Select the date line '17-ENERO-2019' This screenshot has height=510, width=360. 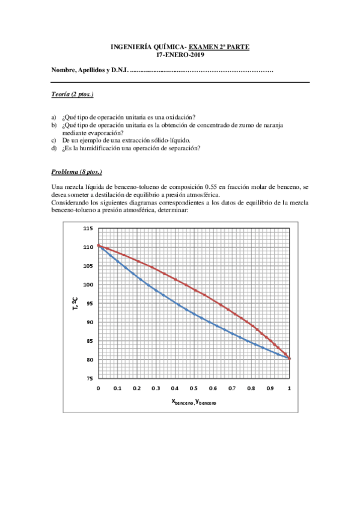[x=180, y=55]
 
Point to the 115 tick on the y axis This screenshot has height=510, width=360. [x=88, y=228]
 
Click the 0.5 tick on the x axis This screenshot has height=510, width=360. [x=194, y=389]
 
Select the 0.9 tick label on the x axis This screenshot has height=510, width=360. [x=270, y=389]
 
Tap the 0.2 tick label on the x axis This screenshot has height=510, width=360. [x=136, y=389]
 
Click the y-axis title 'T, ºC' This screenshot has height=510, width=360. [x=75, y=303]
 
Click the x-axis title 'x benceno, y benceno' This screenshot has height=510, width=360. [x=194, y=402]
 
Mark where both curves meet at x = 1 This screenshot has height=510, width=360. [x=290, y=358]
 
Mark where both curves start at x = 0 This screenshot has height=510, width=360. [x=98, y=245]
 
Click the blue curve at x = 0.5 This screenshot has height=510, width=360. [x=194, y=313]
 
